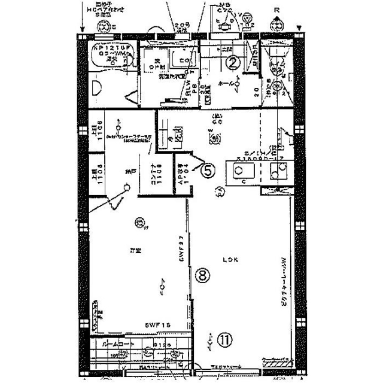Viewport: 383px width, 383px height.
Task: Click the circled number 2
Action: pyautogui.click(x=234, y=62)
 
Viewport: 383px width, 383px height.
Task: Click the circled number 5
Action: pyautogui.click(x=206, y=171)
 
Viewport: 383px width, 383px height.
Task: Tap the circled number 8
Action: pyautogui.click(x=203, y=275)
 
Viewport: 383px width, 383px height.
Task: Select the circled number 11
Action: pyautogui.click(x=223, y=340)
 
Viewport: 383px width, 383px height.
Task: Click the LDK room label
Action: pyautogui.click(x=230, y=260)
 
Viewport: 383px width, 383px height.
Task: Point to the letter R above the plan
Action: pyautogui.click(x=276, y=10)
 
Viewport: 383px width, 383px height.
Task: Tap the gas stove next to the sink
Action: pyautogui.click(x=278, y=173)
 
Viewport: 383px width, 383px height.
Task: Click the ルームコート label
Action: pyautogui.click(x=110, y=345)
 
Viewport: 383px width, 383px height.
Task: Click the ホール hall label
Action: pyautogui.click(x=228, y=84)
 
